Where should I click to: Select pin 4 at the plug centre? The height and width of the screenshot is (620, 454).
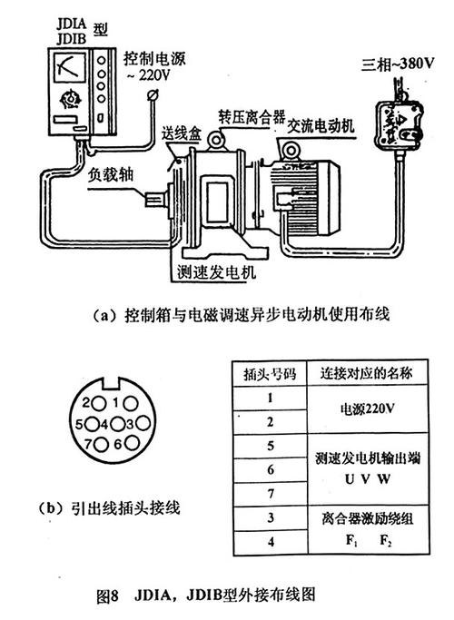pos(104,423)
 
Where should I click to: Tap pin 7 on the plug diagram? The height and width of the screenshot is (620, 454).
pos(89,444)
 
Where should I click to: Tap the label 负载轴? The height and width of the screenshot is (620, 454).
pos(106,175)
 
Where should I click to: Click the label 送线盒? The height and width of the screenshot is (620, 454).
pos(173,135)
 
